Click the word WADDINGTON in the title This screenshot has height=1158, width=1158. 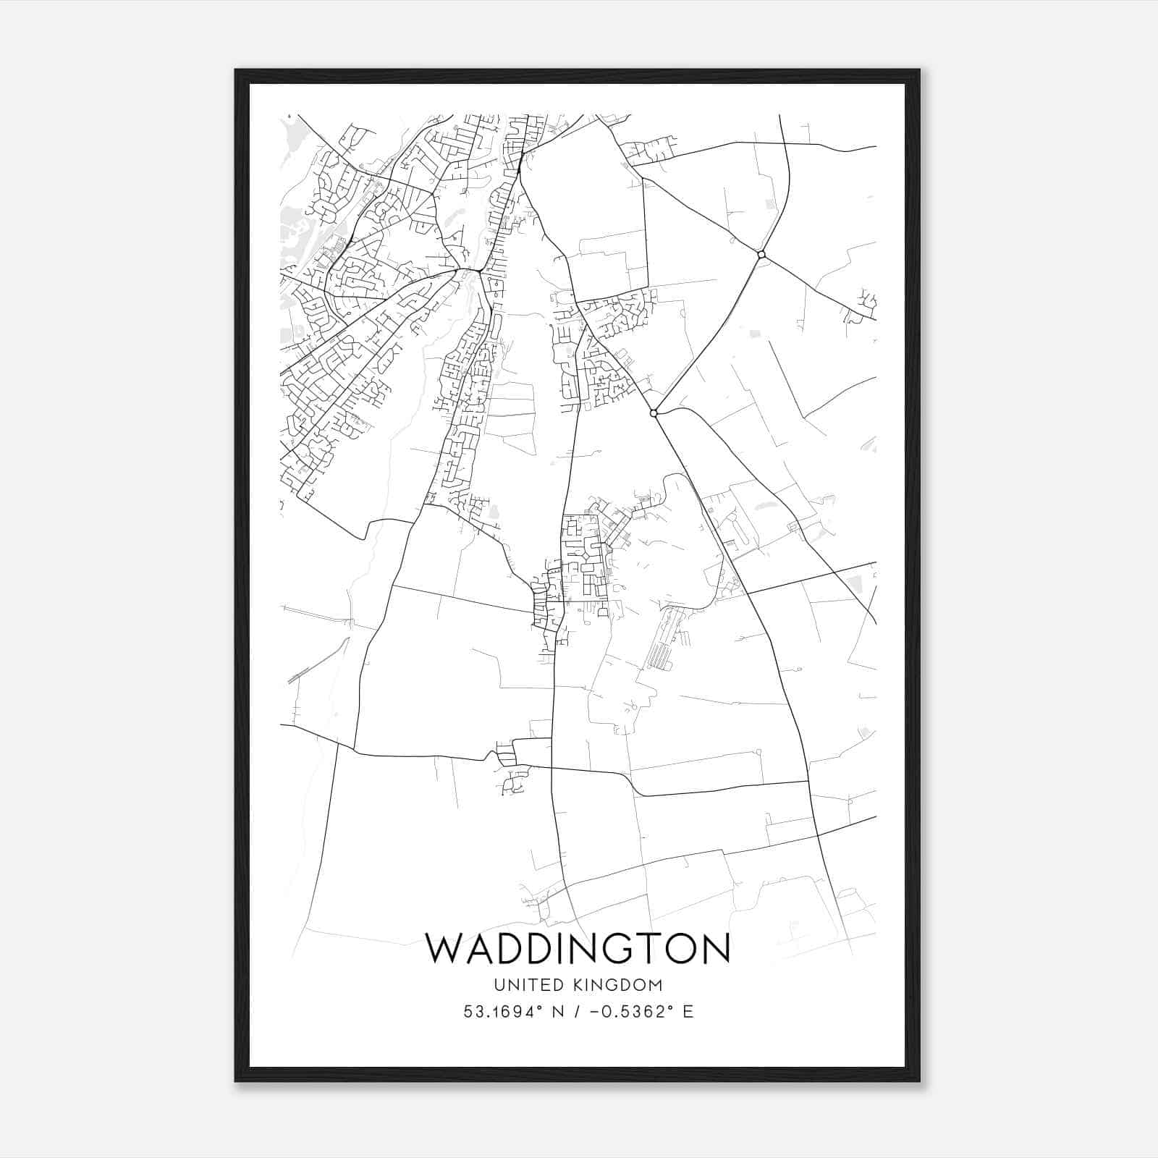click(x=577, y=949)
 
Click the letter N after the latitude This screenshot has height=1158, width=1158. click(x=558, y=1012)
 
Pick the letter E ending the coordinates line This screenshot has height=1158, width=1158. click(x=688, y=1012)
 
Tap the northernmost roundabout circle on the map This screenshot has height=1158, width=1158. click(x=761, y=254)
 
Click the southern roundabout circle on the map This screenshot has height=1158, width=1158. click(x=654, y=413)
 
